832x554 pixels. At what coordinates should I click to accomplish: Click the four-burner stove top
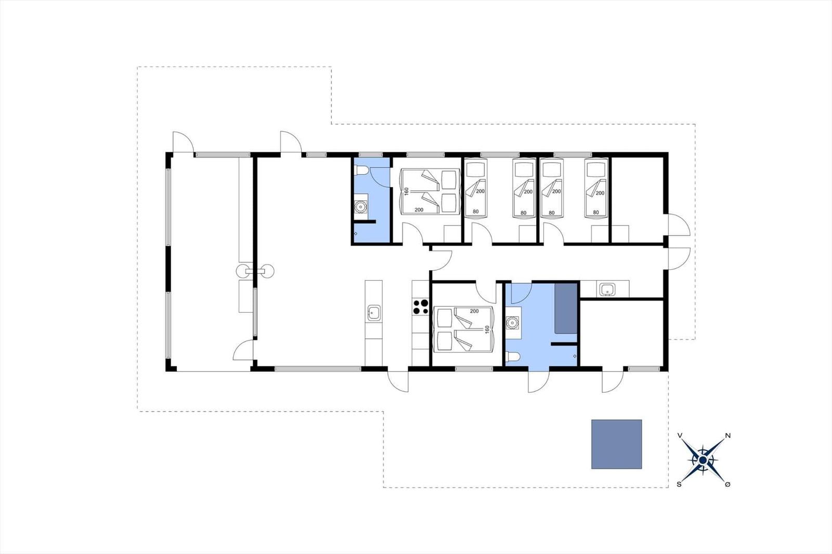421,308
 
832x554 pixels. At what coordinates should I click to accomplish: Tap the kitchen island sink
374,313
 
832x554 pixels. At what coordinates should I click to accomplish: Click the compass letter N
728,436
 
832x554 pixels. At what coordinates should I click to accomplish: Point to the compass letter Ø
727,484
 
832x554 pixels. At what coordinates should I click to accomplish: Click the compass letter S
679,484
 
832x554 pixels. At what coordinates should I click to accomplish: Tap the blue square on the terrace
617,444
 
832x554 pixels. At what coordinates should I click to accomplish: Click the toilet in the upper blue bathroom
361,171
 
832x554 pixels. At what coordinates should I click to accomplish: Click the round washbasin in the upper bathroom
360,206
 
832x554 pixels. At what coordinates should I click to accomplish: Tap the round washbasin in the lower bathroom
513,323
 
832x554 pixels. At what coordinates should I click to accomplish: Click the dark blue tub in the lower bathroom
566,309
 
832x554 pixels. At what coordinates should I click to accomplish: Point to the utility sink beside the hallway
606,289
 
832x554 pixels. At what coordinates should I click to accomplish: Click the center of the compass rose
703,460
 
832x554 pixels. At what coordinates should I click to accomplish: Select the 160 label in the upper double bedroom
406,191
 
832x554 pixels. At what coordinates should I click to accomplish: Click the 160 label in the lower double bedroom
487,329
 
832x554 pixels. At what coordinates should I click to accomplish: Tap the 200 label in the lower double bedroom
474,311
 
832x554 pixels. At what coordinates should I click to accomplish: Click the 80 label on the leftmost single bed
476,212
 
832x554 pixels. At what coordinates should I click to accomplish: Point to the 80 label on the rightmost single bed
596,213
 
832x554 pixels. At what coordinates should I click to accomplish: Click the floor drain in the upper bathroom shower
356,233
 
